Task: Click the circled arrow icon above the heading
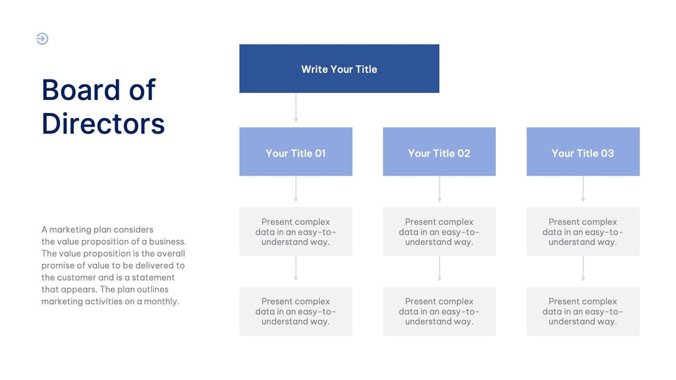pos(42,39)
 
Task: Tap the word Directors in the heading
pos(103,124)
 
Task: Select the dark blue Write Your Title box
pos(339,69)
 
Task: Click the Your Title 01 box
pos(295,152)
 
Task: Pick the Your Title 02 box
pos(439,152)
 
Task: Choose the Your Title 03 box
pos(583,152)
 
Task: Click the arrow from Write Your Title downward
pos(296,109)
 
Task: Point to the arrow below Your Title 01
pos(296,190)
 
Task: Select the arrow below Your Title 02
pos(439,190)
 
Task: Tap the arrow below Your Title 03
pos(583,190)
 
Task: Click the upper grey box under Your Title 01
pos(295,232)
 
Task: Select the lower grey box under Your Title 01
pos(295,312)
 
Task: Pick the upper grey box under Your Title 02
pos(439,232)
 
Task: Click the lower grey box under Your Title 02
pos(439,312)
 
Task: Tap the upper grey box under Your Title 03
pos(583,232)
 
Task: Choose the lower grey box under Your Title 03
pos(583,312)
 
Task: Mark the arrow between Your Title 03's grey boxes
pos(583,270)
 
